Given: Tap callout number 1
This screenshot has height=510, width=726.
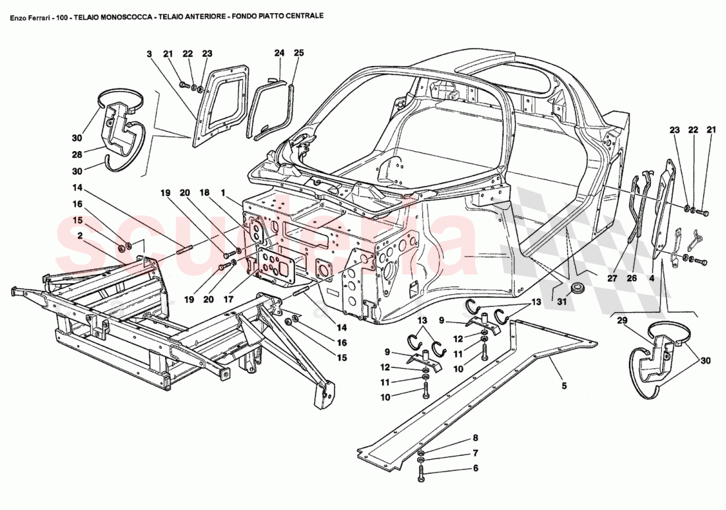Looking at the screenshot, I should click(x=224, y=193).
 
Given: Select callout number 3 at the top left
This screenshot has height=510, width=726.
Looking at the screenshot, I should click(x=149, y=53).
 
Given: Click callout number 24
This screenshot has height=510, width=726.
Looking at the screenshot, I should click(x=279, y=52).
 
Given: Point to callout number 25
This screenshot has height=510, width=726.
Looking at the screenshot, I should click(x=298, y=52).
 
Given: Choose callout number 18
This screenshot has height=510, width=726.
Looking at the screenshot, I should click(x=204, y=193).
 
